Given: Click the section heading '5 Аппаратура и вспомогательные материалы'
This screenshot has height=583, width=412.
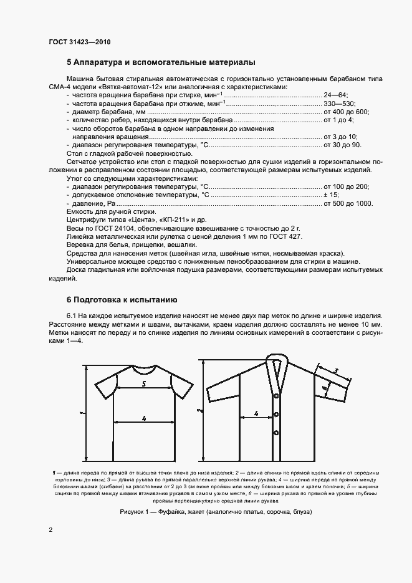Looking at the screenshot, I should click(x=161, y=63).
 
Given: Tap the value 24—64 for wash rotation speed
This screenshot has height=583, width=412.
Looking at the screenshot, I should click(x=335, y=95).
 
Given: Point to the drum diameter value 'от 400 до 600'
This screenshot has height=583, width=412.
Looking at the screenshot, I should click(x=346, y=112).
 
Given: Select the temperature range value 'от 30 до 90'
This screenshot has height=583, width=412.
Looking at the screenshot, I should click(x=342, y=145).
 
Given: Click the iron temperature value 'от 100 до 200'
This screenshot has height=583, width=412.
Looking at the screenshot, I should click(x=346, y=186).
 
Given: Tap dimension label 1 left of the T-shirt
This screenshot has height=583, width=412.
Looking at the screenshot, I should click(x=81, y=413).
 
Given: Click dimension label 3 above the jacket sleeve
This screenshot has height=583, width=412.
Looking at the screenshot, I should click(x=336, y=371).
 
